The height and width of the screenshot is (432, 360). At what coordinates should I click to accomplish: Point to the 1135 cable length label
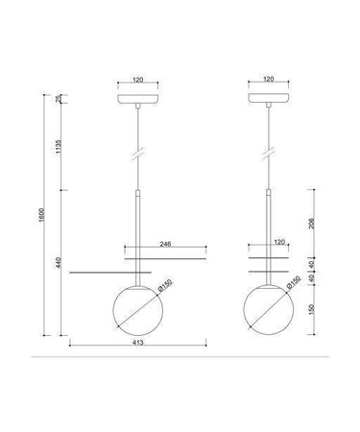tap(59, 146)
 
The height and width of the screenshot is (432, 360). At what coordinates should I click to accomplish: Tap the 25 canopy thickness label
tap(59, 99)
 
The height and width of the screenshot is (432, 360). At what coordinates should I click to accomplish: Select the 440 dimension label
tap(59, 262)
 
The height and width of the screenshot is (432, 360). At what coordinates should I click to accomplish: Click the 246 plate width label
tap(165, 244)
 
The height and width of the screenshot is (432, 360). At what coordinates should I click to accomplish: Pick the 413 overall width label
tap(138, 343)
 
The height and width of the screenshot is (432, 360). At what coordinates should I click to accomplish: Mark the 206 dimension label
tap(311, 224)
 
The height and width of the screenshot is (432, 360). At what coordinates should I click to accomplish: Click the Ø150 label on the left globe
tap(165, 285)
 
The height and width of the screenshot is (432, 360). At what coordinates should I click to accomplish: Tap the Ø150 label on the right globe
tap(294, 282)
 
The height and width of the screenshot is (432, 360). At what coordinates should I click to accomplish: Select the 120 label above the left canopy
tap(137, 80)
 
